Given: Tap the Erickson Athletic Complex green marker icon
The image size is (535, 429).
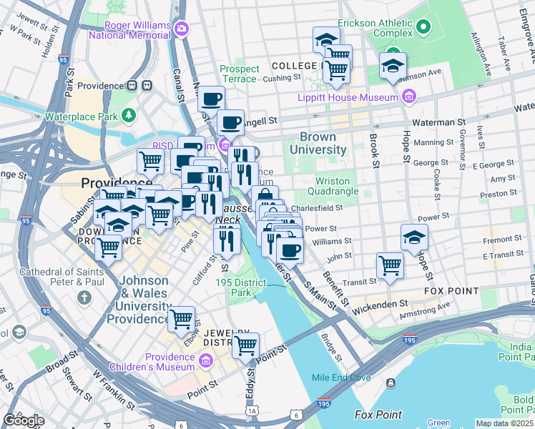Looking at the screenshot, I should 423,29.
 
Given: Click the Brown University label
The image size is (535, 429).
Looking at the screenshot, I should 323,143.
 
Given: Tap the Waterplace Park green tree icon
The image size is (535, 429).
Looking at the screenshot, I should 129,114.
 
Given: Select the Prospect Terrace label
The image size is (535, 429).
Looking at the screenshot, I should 239,74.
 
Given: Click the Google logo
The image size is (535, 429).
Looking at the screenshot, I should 23,420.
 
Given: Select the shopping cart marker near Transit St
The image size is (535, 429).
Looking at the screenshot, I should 390,265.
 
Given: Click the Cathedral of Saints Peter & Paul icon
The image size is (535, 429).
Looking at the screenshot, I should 84,297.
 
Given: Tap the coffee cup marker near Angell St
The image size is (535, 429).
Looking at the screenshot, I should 230,122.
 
